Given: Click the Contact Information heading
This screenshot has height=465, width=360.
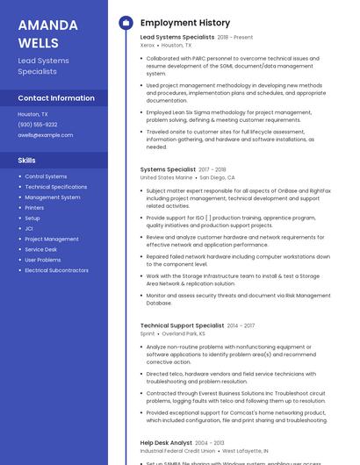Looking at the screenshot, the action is point(56,98).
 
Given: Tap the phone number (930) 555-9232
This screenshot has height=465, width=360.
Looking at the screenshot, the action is point(38,125).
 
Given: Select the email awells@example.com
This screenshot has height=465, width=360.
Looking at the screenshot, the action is point(46,135).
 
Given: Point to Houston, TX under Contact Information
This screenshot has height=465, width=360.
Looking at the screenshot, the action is point(33,114).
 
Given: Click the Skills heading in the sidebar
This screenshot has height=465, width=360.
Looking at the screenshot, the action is point(27,161).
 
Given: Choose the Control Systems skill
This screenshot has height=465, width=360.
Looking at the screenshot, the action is point(46,176).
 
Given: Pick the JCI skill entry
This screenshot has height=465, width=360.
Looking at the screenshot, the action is point(30,228).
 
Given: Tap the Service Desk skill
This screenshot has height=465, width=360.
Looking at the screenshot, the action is point(40,249).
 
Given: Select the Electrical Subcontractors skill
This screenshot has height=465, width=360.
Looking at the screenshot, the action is point(56,270).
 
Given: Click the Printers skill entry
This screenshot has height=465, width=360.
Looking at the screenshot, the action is point(35,208).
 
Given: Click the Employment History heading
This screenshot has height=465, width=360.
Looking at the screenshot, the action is point(185,23).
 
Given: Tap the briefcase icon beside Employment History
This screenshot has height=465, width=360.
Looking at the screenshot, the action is point(126,23).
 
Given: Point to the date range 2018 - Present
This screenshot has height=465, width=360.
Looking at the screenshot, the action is point(234,38).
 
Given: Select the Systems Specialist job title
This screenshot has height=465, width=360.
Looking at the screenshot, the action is point(168,169).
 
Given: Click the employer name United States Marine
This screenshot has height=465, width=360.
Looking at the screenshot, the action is point(166,177).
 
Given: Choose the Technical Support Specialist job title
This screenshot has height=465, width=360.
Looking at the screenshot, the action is point(182,325).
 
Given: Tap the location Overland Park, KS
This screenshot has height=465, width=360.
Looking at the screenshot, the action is point(183,333).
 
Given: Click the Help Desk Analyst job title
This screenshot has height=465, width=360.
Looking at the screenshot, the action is point(166,443).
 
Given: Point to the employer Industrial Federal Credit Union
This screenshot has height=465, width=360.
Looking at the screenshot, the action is point(177,451).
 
